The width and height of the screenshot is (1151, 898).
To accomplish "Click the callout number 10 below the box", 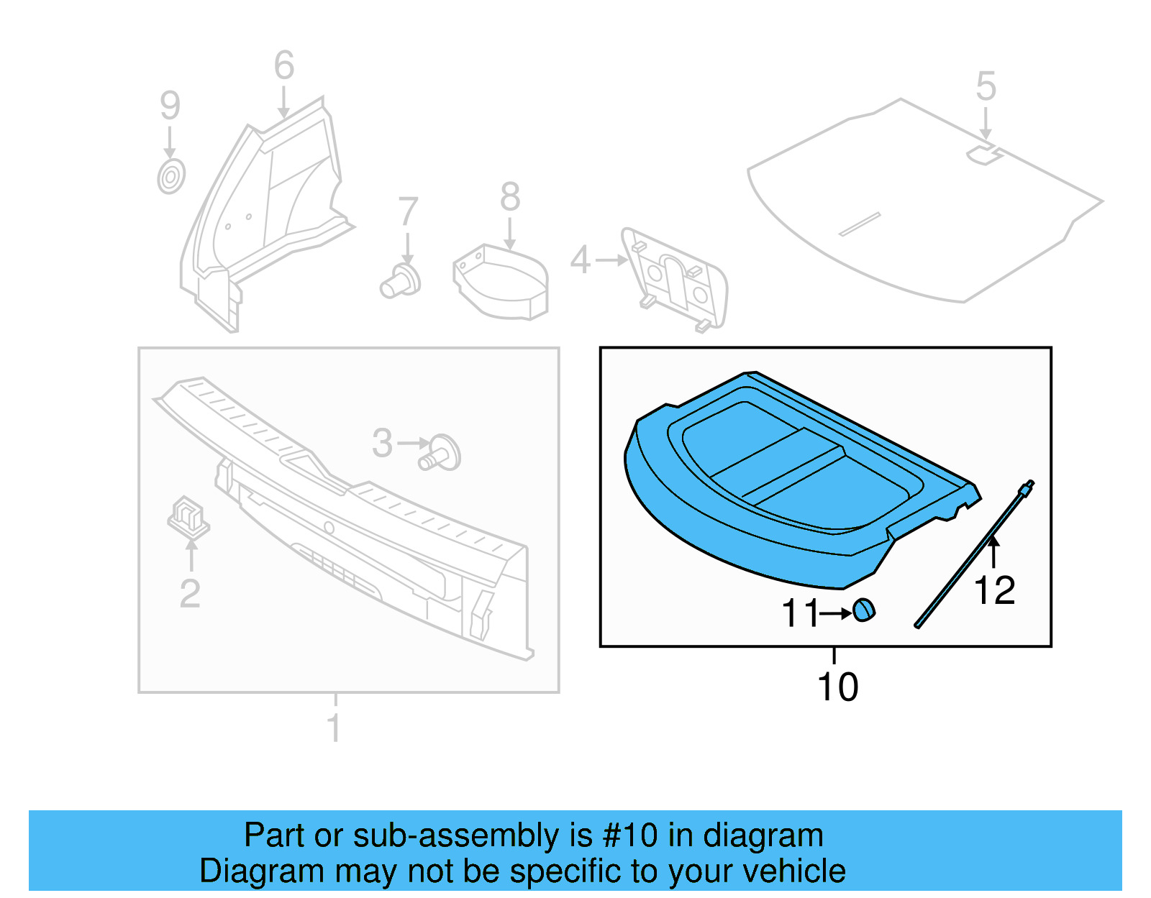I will (837, 687).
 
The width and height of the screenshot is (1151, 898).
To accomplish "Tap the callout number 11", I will (799, 613).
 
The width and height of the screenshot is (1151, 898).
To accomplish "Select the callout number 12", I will (994, 590).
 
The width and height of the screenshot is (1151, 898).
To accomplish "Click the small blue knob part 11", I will (864, 610).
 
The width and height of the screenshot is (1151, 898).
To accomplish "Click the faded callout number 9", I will (170, 106).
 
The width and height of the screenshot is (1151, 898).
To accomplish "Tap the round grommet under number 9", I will (171, 176).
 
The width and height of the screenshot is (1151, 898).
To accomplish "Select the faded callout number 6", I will (284, 65).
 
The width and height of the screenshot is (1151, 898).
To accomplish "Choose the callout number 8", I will (510, 196).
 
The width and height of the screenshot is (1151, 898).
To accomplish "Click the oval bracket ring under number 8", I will (501, 283).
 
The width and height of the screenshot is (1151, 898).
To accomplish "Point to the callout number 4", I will (580, 260).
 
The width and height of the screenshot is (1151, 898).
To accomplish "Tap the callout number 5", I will (986, 86).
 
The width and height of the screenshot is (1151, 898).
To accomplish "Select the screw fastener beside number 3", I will (440, 453).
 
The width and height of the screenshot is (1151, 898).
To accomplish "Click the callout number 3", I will (382, 443).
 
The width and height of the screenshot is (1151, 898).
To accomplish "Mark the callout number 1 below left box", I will (334, 728).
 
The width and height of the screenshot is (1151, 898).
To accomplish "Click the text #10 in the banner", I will (629, 835).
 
